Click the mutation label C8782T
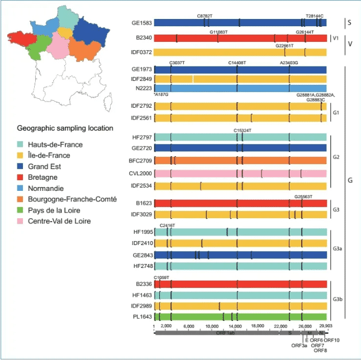tap(206, 16)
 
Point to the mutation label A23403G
tap(289, 63)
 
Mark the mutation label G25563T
tap(303, 196)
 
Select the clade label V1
tap(336, 39)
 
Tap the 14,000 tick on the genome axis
tap(235, 326)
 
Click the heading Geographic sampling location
tap(65, 128)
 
